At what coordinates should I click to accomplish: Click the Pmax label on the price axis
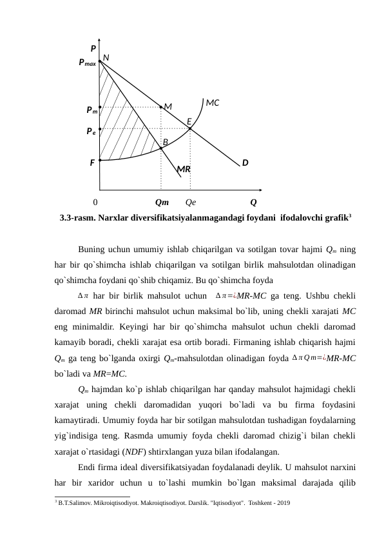click(87, 63)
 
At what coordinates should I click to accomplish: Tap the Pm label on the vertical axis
click(91, 110)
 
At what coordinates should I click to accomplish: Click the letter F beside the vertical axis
click(92, 163)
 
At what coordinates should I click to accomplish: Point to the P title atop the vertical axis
click(93, 48)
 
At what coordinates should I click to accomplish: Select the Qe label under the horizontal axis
click(191, 202)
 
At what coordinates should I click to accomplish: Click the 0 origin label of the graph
click(95, 202)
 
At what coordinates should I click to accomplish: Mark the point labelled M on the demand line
click(161, 107)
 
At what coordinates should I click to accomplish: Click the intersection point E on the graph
click(190, 128)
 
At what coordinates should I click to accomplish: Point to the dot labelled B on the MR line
click(161, 148)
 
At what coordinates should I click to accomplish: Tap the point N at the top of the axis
click(101, 61)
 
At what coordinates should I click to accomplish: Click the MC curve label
click(213, 103)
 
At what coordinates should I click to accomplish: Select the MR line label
click(184, 169)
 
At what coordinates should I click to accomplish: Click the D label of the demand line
click(245, 163)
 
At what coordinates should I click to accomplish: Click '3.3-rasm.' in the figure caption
click(77, 218)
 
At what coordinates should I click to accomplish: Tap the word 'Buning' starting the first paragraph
click(91, 250)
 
